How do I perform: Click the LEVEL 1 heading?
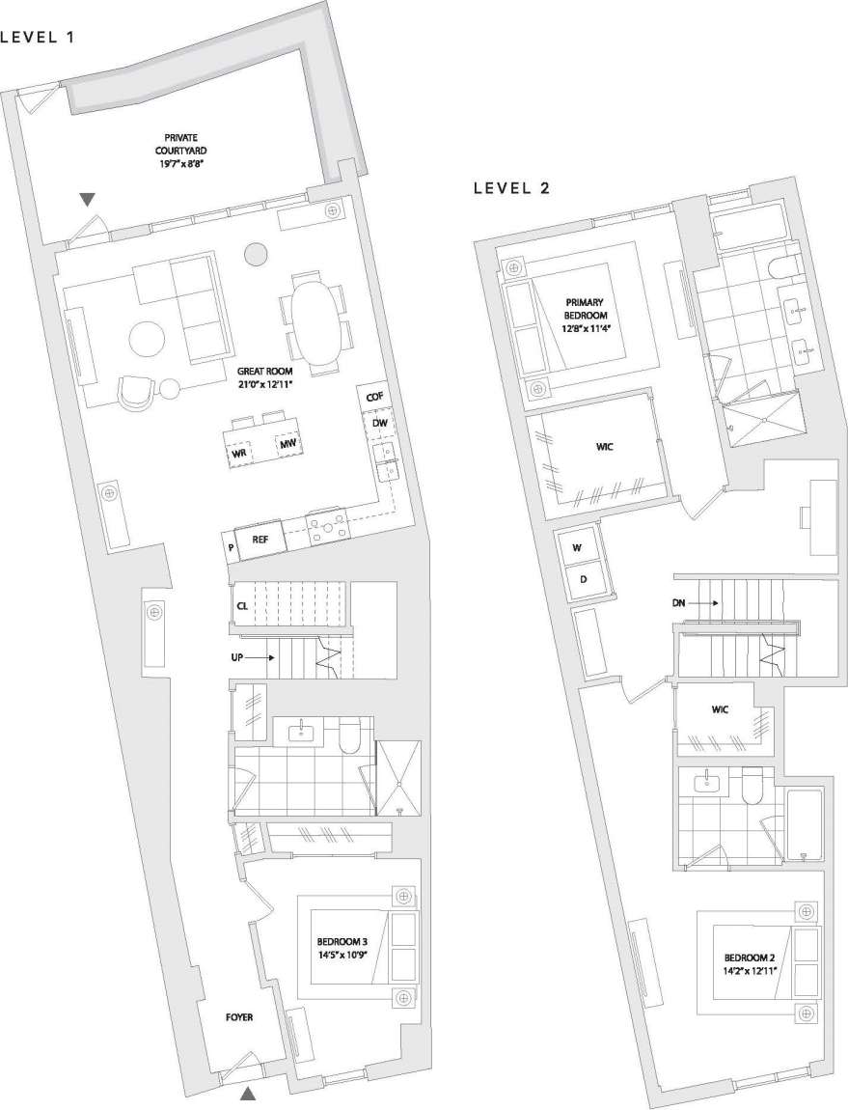coord(38,39)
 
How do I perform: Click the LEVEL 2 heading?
coord(511,188)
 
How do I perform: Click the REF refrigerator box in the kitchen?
coord(260,541)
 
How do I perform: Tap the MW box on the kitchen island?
coord(286,444)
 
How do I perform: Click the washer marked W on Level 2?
coord(578,547)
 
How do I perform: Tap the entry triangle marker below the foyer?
coord(248,1094)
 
